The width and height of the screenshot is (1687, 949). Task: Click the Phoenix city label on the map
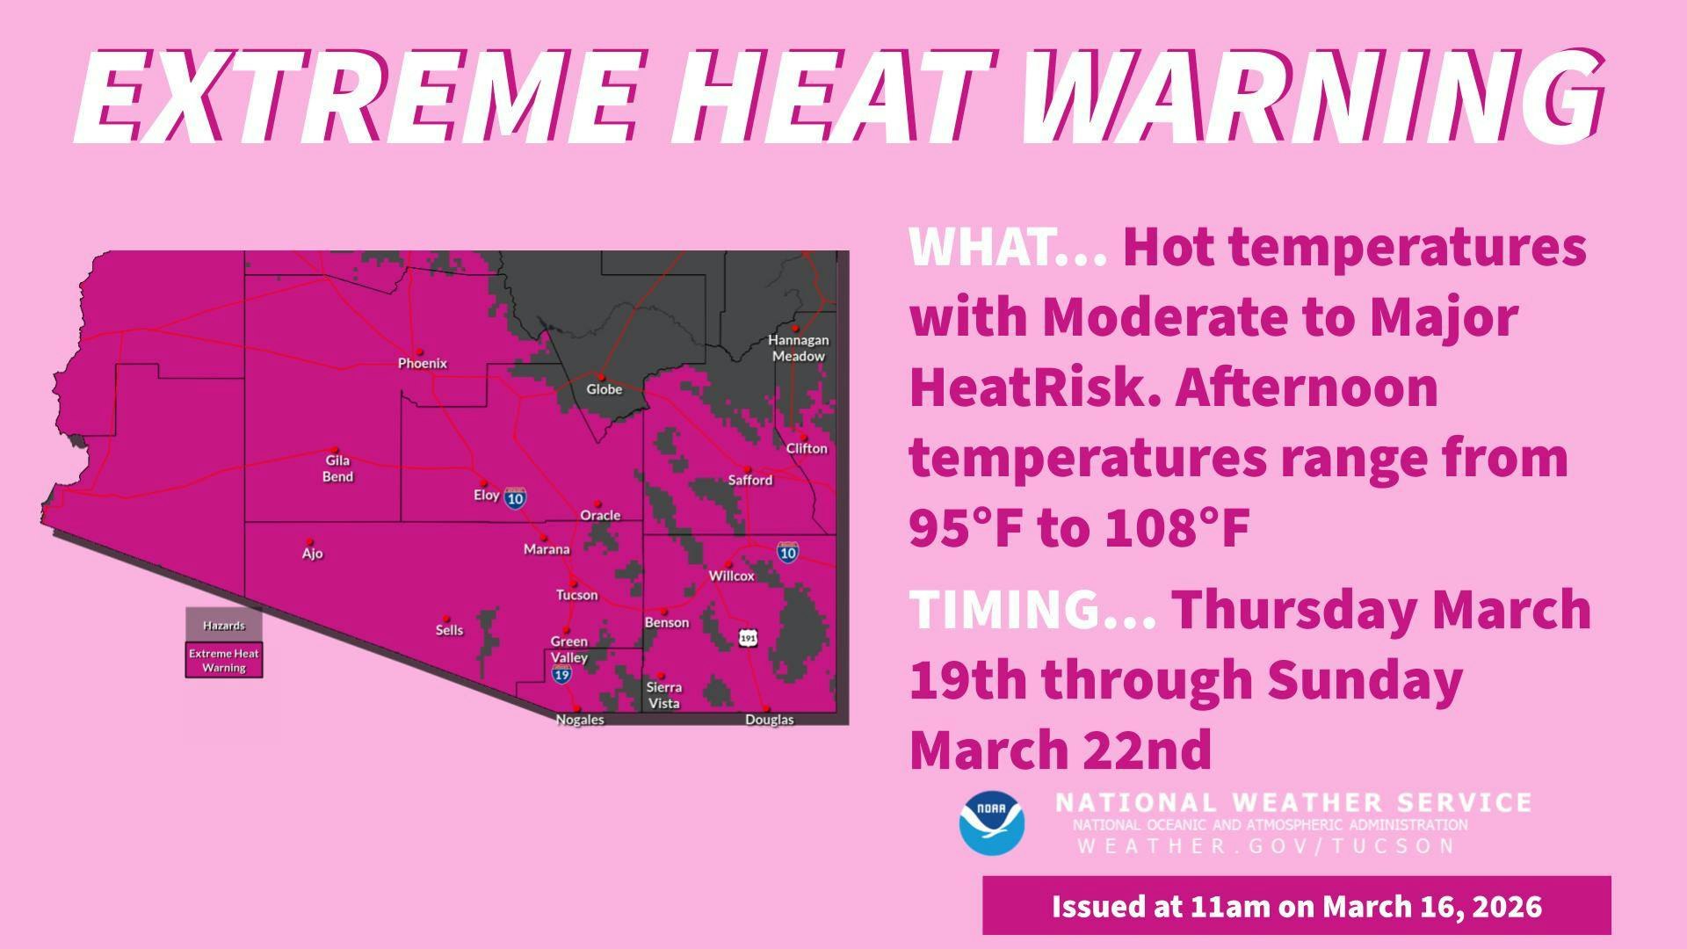[423, 363]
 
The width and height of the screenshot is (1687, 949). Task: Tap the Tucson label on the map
[576, 595]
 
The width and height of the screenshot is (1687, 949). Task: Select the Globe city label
[605, 389]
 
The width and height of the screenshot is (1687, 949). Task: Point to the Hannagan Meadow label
[798, 348]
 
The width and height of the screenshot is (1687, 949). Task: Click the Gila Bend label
[337, 468]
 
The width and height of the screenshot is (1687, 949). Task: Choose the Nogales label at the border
[580, 720]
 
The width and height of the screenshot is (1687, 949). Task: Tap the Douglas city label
[770, 720]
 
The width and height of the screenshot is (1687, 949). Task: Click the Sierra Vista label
[664, 695]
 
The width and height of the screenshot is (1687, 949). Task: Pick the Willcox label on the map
[732, 576]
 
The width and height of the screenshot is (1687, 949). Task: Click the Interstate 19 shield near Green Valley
[562, 675]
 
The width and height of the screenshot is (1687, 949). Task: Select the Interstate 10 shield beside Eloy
[516, 498]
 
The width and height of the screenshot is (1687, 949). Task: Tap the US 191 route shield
[748, 637]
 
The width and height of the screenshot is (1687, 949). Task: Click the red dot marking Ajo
[308, 541]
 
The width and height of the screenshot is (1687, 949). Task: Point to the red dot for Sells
[445, 619]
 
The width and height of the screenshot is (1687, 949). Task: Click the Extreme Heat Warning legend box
[224, 661]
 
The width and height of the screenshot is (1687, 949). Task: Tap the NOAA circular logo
[992, 823]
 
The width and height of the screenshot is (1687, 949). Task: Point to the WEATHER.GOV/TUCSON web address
[1266, 846]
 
